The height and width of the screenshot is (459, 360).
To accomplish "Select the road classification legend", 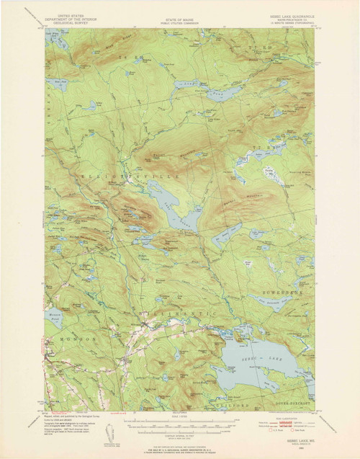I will (x=285, y=421).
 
